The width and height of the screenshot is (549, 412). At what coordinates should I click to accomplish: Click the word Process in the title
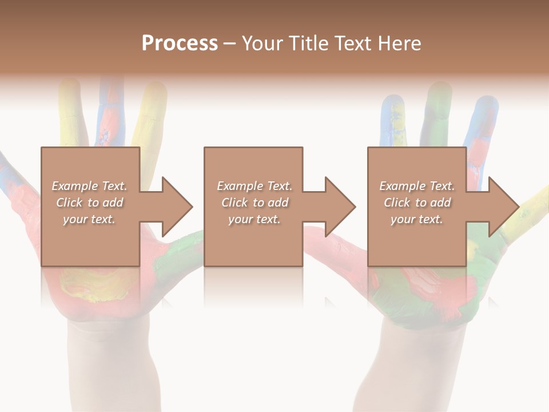point(180,43)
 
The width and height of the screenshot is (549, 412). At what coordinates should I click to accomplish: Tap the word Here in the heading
point(398,43)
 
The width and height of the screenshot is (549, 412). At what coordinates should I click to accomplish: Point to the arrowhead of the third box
point(503,207)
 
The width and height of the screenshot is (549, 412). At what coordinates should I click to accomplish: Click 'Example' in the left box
point(74,186)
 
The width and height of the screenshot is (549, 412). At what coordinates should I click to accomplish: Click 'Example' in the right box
point(402,186)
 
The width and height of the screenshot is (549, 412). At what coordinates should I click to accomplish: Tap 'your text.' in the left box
point(89,219)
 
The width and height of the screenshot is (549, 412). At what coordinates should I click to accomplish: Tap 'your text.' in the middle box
point(254,219)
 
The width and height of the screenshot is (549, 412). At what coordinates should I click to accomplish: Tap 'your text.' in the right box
point(417,219)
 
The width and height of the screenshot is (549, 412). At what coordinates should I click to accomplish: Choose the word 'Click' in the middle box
point(235,203)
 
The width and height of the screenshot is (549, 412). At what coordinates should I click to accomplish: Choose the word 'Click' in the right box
point(397,203)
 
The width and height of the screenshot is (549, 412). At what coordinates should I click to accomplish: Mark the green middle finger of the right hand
point(439,114)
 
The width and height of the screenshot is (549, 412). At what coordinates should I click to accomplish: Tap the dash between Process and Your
point(230,44)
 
